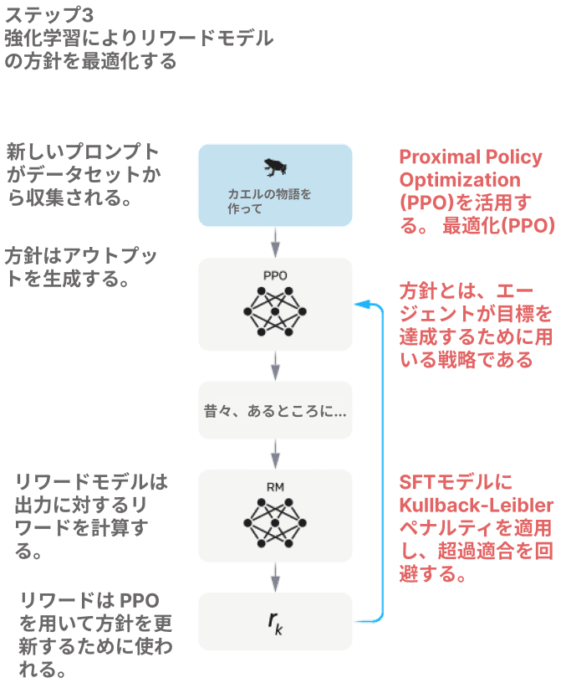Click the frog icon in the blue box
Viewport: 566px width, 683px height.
coord(274,168)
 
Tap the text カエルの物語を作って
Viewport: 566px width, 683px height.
coord(269,202)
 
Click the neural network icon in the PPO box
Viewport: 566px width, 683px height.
coord(275,311)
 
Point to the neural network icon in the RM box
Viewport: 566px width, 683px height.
coord(275,522)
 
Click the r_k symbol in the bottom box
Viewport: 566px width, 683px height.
coord(275,622)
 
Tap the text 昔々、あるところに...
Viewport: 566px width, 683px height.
coord(275,412)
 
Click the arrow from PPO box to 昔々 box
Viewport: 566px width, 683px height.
coord(275,366)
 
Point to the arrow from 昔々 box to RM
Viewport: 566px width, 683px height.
coord(275,453)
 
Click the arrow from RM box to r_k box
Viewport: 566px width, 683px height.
coord(275,577)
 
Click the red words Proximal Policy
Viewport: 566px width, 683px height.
coord(471,157)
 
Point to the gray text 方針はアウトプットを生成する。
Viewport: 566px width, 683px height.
coord(81,267)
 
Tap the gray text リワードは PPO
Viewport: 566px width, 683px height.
coord(89,601)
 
